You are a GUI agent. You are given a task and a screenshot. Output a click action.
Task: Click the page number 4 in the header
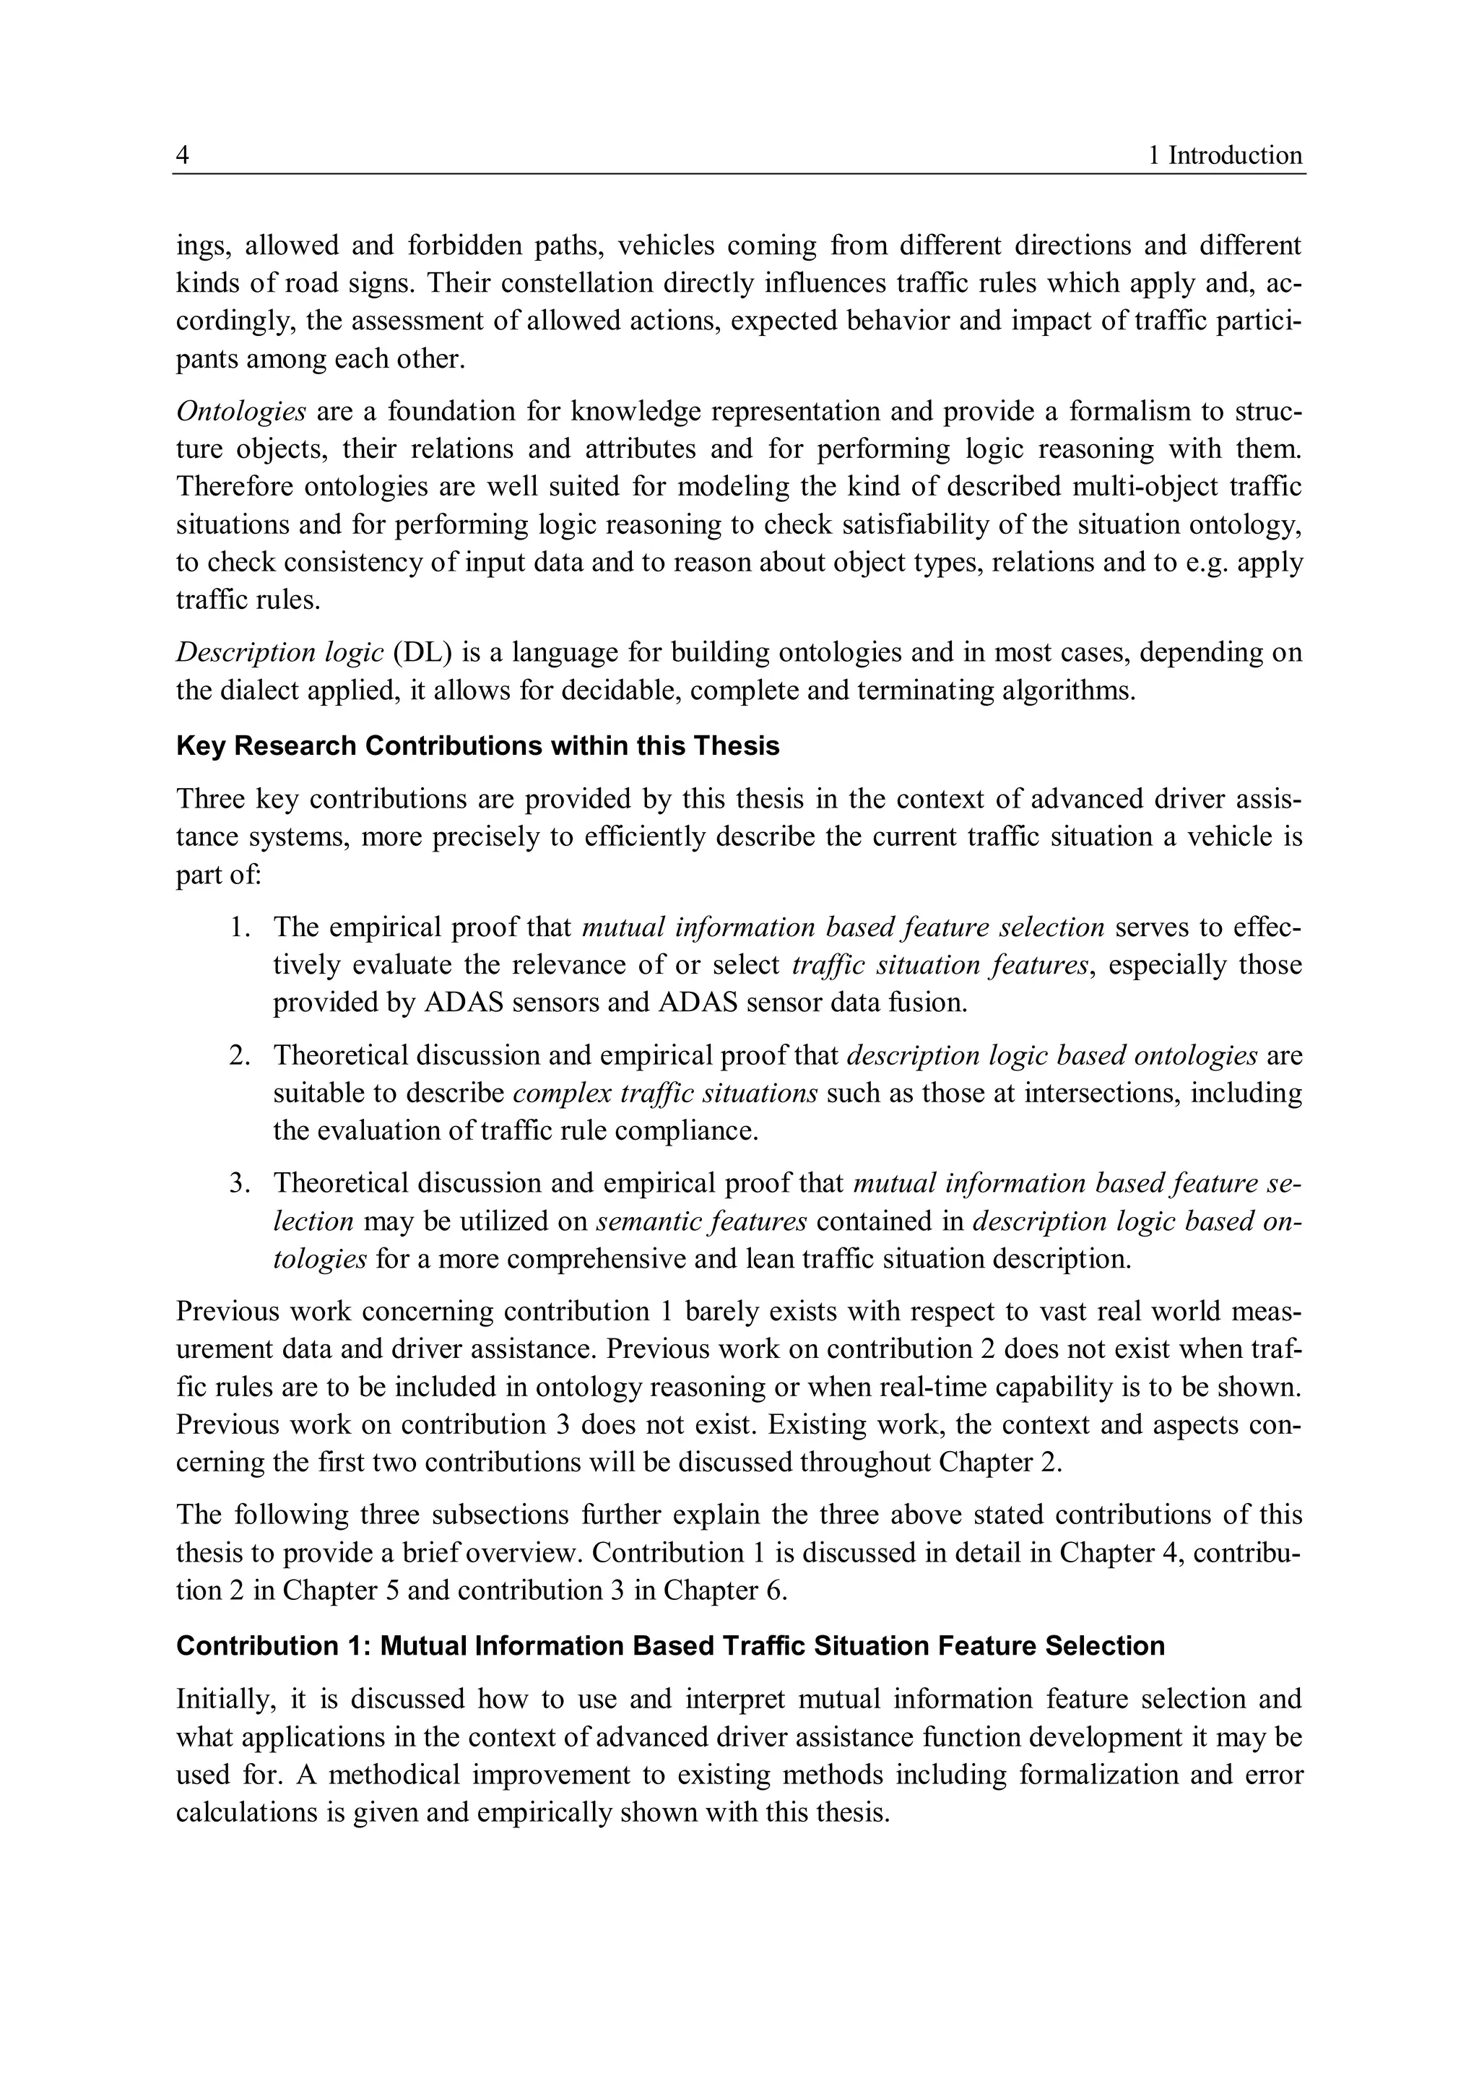point(183,155)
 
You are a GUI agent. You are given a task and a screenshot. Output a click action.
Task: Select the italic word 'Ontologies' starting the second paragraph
point(240,412)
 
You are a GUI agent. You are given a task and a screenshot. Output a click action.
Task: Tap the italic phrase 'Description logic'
point(279,653)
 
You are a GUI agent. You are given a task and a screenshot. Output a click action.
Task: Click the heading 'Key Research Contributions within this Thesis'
point(477,746)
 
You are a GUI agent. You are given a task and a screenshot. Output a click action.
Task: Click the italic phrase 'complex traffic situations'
point(664,1094)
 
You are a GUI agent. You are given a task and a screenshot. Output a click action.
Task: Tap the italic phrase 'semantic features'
point(701,1221)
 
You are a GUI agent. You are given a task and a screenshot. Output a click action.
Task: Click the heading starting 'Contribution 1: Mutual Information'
point(670,1645)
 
